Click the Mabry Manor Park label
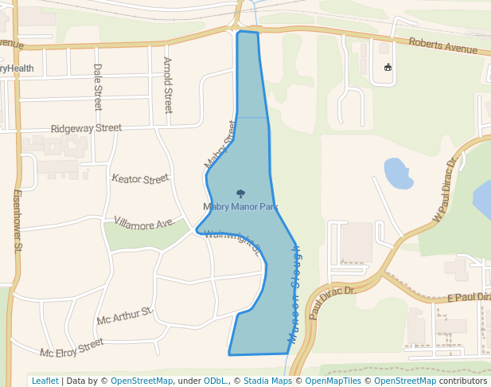240,207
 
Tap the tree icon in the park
240,193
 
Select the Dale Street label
98,87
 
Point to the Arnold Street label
168,84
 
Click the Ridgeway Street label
86,128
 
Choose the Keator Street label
141,178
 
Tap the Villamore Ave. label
144,222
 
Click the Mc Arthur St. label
124,315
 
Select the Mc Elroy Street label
72,348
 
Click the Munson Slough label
294,294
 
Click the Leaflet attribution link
45,381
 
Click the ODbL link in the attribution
215,381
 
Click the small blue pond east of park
397,173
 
